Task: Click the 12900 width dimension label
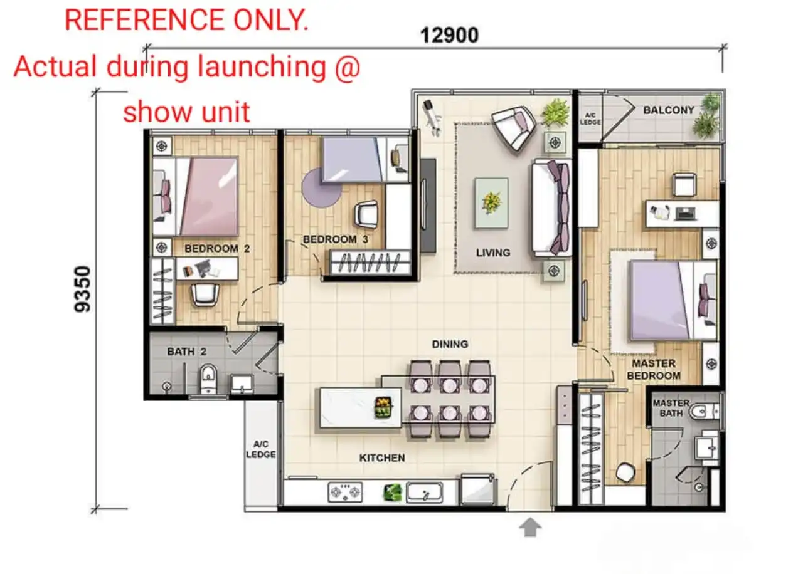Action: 449,36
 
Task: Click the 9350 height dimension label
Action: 82,289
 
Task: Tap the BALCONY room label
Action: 669,110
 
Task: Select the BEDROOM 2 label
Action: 217,248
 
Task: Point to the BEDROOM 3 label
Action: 336,239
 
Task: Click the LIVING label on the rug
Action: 493,253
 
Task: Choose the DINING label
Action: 450,344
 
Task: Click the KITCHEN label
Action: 382,457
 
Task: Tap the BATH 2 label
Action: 186,352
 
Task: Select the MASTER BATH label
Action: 671,408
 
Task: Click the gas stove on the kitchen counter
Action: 345,492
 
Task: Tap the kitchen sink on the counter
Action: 425,493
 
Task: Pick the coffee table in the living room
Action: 491,203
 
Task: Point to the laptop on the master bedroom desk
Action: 686,214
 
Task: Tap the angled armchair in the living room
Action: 514,127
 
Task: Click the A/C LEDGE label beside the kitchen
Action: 260,449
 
